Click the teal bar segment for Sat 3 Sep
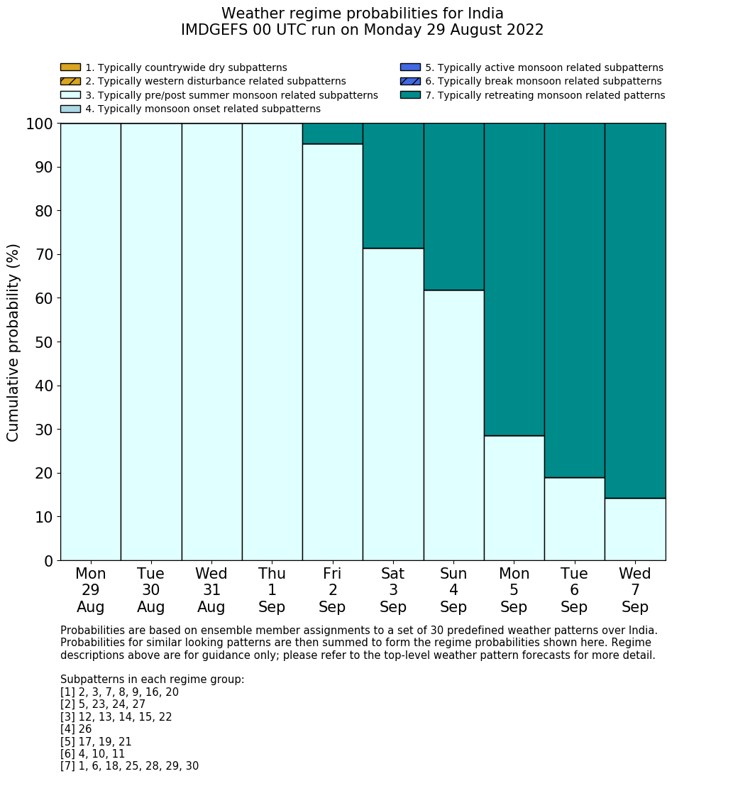pos(393,185)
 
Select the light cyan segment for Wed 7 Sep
pos(635,529)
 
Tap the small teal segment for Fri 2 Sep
pos(332,133)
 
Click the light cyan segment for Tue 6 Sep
pos(574,518)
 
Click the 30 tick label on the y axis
pos(44,430)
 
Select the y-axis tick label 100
pos(40,124)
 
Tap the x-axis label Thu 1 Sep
pos(272,590)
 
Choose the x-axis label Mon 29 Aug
pos(90,590)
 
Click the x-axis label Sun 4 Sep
pos(453,590)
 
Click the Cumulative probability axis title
pos(13,342)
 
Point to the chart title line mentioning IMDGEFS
pos(362,30)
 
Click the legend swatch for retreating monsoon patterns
pos(410,95)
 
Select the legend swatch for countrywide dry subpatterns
pos(70,67)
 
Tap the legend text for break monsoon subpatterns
pos(543,82)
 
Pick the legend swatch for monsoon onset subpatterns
pos(70,109)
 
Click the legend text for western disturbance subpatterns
pos(215,82)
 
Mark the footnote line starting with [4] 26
pos(76,729)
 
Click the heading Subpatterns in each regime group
pos(152,680)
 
